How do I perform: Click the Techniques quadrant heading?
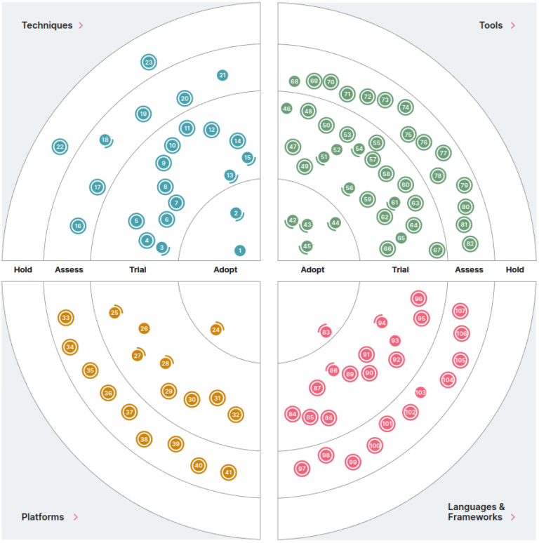[47, 25]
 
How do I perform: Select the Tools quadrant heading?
[491, 25]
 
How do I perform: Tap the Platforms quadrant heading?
[43, 517]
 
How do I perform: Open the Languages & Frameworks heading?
[477, 511]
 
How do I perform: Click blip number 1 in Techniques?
[240, 250]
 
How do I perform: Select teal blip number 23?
[148, 62]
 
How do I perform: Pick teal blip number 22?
[60, 147]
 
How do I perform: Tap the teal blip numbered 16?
[78, 226]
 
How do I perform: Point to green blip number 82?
[470, 243]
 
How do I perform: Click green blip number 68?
[294, 81]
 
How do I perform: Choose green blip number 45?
[307, 246]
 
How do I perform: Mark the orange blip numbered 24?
[216, 329]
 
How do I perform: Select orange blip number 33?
[66, 318]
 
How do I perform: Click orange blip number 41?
[227, 472]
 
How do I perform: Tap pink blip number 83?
[326, 333]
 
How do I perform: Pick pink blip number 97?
[302, 468]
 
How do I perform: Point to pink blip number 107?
[460, 311]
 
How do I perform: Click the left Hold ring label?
[23, 270]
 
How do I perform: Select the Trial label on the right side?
[400, 270]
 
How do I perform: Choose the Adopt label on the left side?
[225, 270]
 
